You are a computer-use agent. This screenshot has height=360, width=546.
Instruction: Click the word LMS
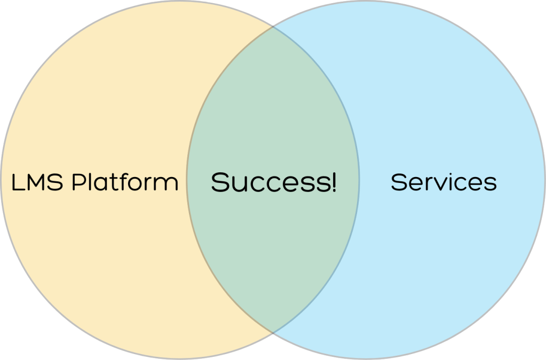(37, 182)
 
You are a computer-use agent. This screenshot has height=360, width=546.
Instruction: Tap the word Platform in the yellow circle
(125, 181)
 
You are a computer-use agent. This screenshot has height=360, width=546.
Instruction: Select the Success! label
(274, 182)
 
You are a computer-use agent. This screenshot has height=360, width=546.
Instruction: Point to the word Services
(444, 182)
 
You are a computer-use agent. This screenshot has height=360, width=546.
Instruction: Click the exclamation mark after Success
(334, 182)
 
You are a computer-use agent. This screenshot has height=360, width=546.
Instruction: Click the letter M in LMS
(36, 182)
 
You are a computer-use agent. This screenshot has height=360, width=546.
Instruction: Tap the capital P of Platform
(78, 182)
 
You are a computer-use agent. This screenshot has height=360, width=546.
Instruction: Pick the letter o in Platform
(138, 184)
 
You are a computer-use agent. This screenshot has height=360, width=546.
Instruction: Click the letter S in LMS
(56, 182)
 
